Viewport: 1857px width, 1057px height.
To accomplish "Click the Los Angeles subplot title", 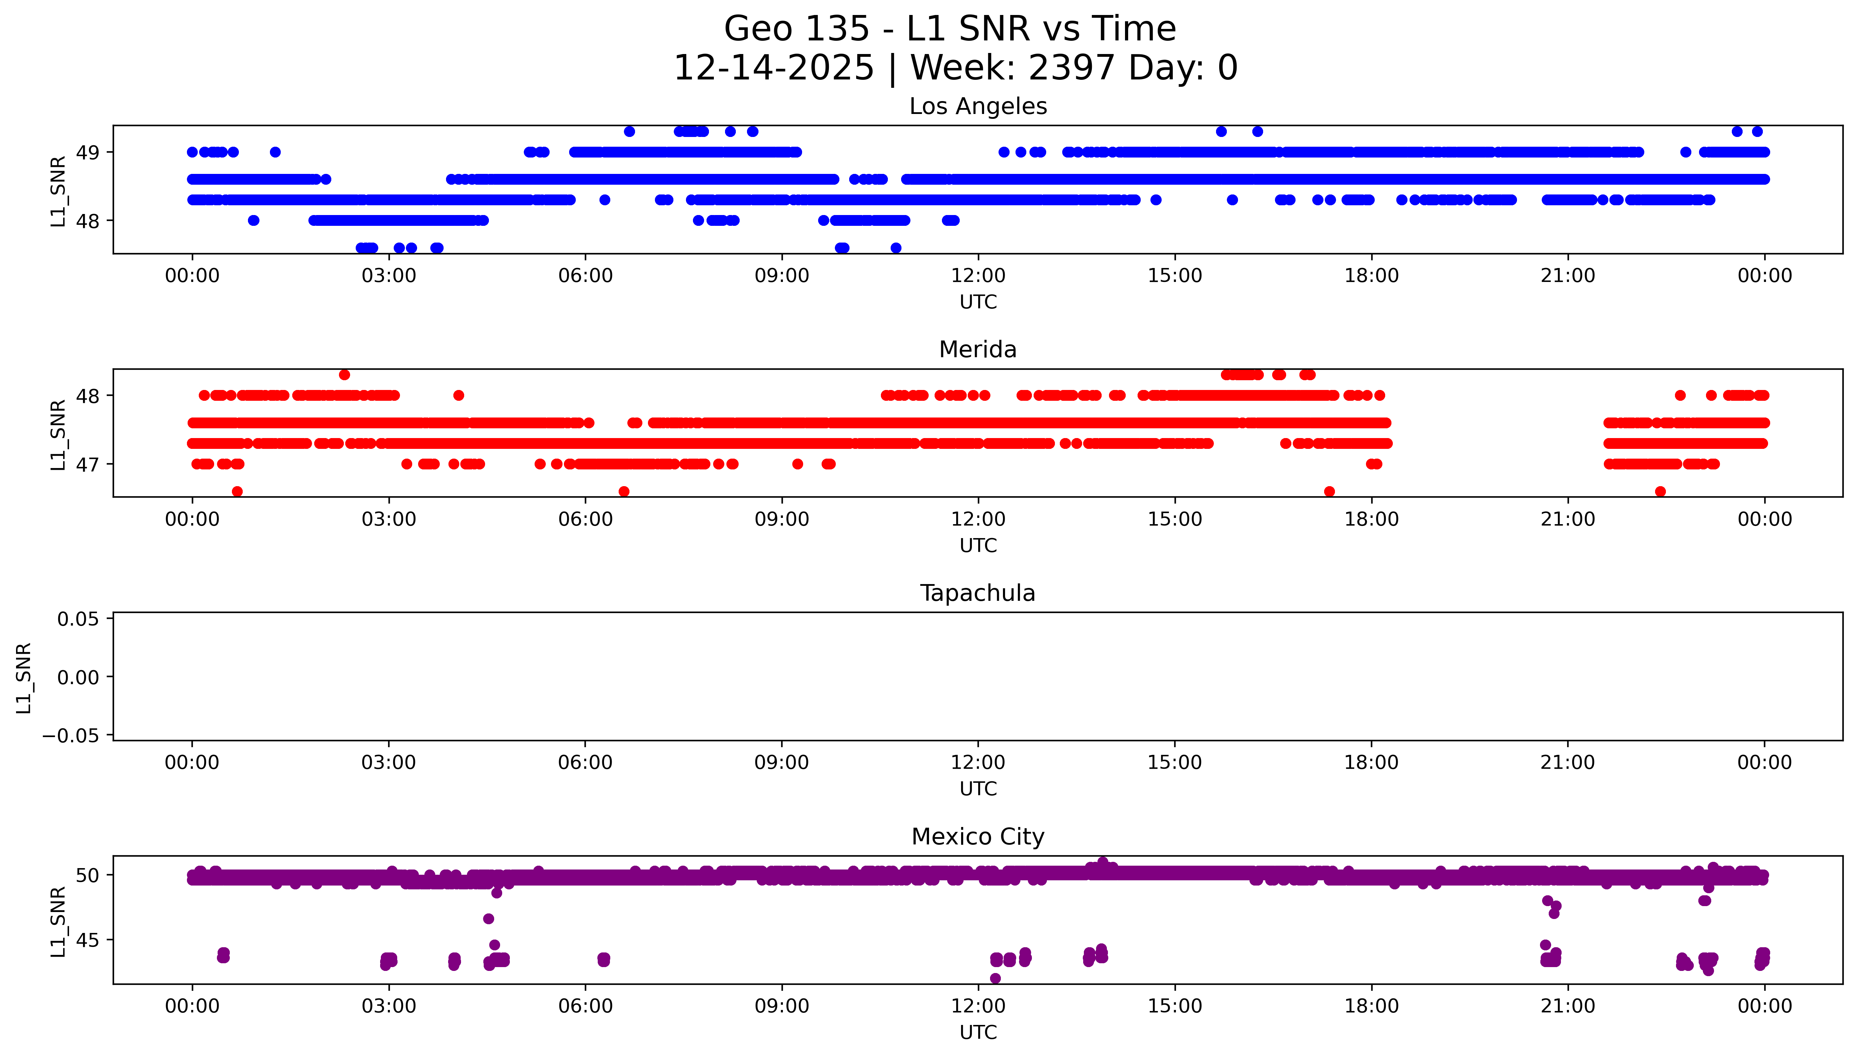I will pyautogui.click(x=977, y=107).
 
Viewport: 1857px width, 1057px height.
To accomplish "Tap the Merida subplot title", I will pyautogui.click(x=977, y=350).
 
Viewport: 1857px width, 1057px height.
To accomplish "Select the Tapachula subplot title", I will pyautogui.click(x=977, y=593).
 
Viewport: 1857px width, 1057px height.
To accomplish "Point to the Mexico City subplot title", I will pyautogui.click(x=977, y=837).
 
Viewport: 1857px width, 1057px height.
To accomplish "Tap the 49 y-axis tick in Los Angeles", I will pyautogui.click(x=88, y=152).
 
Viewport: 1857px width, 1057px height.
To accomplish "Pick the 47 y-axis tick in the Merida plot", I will pyautogui.click(x=88, y=465).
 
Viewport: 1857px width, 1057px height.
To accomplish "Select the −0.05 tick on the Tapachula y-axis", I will pyautogui.click(x=70, y=736).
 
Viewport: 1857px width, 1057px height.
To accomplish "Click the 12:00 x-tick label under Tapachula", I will pyautogui.click(x=977, y=763).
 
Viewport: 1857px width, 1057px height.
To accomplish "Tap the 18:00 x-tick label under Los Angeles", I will pyautogui.click(x=1371, y=276).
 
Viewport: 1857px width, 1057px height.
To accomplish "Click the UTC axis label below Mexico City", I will pyautogui.click(x=977, y=1032).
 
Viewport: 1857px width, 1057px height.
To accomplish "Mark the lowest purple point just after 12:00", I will pyautogui.click(x=995, y=979).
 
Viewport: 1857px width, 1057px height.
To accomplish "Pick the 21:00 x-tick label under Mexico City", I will pyautogui.click(x=1567, y=1006).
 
